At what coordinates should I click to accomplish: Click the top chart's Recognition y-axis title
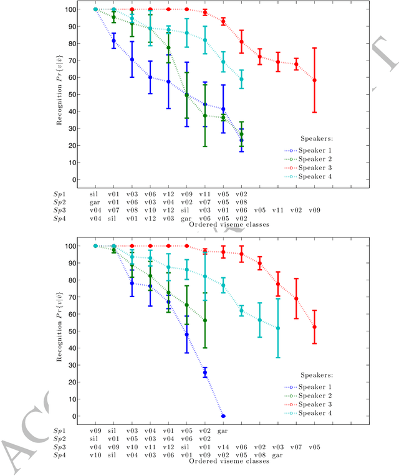point(60,95)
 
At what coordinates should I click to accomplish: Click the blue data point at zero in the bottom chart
point(223,416)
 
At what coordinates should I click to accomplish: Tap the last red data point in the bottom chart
point(314,327)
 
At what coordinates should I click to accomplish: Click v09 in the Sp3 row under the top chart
point(314,211)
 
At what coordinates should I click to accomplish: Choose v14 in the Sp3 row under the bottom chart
point(223,447)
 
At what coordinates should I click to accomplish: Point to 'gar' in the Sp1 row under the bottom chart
point(223,430)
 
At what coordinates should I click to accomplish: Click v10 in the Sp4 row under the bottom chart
point(95,455)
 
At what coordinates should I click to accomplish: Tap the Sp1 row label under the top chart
point(59,194)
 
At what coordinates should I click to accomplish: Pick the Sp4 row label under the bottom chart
point(59,455)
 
